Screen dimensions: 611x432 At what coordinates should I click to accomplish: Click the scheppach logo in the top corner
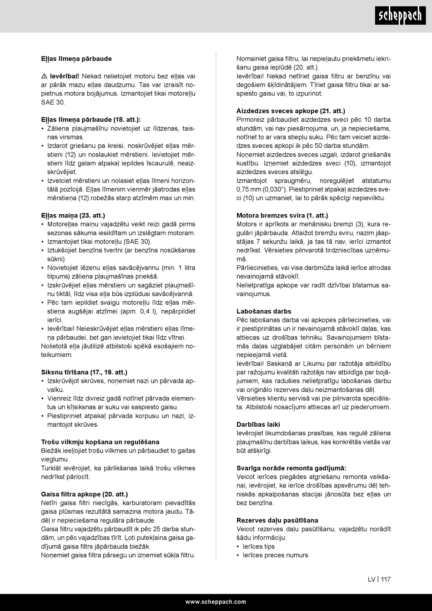tap(400, 16)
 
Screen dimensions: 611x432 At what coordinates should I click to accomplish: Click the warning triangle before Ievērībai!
tap(44, 76)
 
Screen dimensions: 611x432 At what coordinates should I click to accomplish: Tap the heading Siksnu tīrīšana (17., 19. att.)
tap(84, 372)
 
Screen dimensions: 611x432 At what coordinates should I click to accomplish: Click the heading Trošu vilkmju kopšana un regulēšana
tap(100, 442)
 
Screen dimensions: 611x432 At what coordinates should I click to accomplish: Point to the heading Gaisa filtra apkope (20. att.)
tap(84, 494)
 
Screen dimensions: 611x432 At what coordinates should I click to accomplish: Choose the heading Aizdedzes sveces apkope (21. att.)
tap(291, 111)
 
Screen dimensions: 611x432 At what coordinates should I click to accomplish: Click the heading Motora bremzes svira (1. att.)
tap(282, 216)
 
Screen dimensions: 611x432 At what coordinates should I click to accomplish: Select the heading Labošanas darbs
tap(264, 312)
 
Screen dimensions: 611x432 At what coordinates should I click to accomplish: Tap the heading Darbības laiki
tap(258, 424)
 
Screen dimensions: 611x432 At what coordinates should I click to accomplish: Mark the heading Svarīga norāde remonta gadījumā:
tap(291, 468)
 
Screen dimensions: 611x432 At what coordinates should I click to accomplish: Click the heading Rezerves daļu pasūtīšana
tap(277, 520)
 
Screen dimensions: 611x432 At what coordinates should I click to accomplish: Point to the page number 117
tap(386, 580)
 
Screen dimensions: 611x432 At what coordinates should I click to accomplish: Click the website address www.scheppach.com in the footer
tap(216, 601)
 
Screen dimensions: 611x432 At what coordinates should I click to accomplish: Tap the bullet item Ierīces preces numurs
tap(276, 555)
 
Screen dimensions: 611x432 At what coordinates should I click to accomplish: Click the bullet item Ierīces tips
tap(259, 546)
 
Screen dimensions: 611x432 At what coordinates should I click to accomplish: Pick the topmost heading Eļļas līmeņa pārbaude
tap(76, 59)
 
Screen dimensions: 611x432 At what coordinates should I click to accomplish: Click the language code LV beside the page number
tap(372, 580)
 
